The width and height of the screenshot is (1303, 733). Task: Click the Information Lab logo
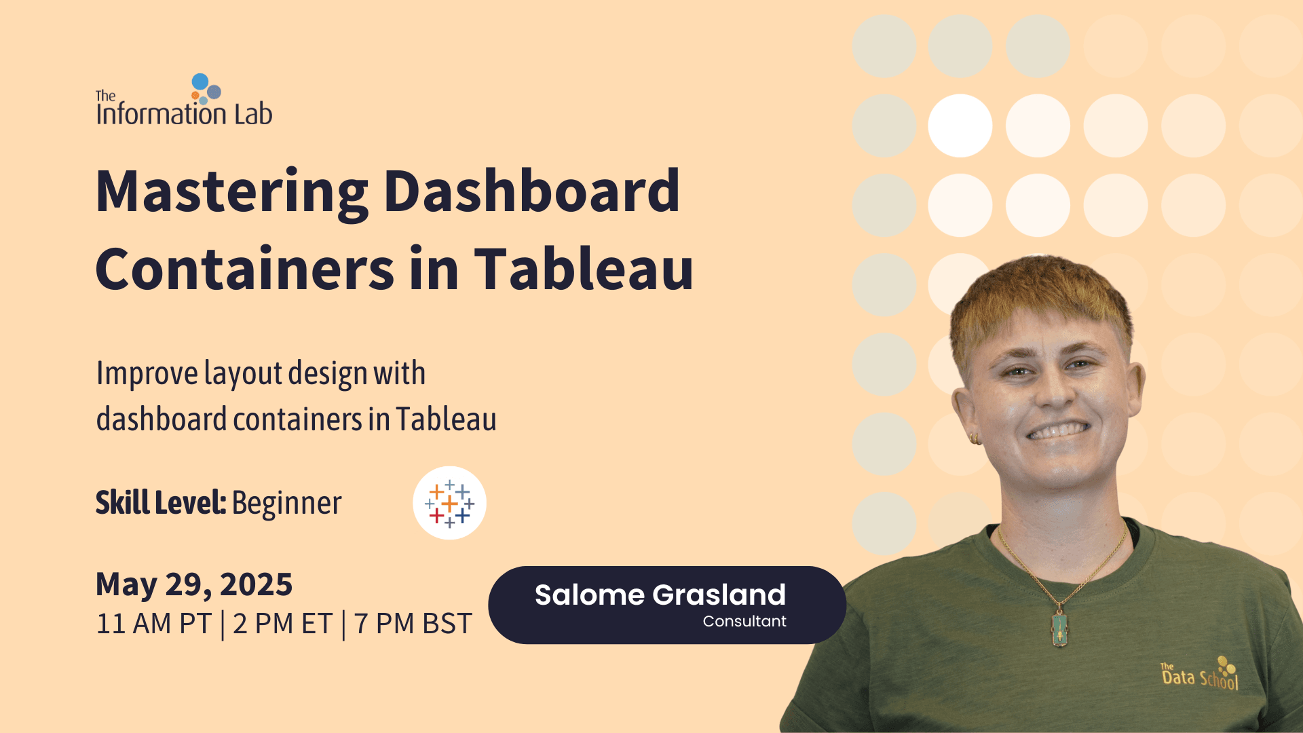click(184, 101)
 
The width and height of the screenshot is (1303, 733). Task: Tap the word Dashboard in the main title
click(531, 191)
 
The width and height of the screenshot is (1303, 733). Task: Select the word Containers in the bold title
click(244, 269)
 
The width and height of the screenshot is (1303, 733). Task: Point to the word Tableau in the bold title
click(583, 269)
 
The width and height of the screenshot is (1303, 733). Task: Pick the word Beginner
click(286, 504)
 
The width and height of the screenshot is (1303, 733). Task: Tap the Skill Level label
click(160, 503)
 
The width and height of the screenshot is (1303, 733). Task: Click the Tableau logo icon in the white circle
click(449, 504)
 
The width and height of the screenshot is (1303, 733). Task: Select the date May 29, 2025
click(194, 584)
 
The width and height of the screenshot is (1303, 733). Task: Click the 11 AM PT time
click(154, 624)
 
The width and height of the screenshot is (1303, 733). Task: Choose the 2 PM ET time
click(282, 624)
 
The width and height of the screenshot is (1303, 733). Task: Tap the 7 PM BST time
click(413, 624)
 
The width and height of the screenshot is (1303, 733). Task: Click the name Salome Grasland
click(660, 595)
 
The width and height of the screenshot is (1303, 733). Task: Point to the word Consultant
click(744, 622)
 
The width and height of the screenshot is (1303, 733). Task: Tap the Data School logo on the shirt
click(1200, 674)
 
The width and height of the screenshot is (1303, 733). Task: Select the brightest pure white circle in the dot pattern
click(960, 126)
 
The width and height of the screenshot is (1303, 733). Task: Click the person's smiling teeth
click(1059, 430)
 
